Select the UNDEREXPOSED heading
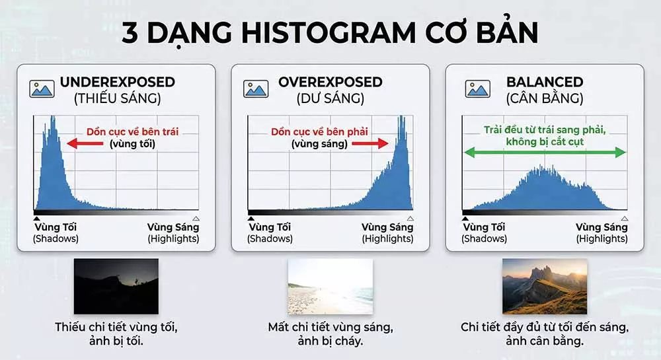click(x=117, y=83)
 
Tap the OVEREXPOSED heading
click(x=330, y=83)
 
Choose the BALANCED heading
click(x=544, y=83)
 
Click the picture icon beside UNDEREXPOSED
click(x=42, y=89)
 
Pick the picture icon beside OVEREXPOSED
click(x=256, y=89)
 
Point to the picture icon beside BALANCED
click(x=477, y=89)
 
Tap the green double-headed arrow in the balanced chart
click(x=544, y=153)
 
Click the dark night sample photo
click(x=116, y=286)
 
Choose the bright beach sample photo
click(x=330, y=286)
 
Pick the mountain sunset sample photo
click(x=544, y=286)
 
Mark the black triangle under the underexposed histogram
click(x=36, y=218)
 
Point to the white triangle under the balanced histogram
click(x=624, y=218)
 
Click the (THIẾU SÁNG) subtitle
click(x=117, y=99)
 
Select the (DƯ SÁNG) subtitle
click(x=330, y=99)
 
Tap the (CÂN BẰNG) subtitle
click(x=544, y=99)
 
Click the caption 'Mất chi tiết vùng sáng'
click(x=330, y=327)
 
